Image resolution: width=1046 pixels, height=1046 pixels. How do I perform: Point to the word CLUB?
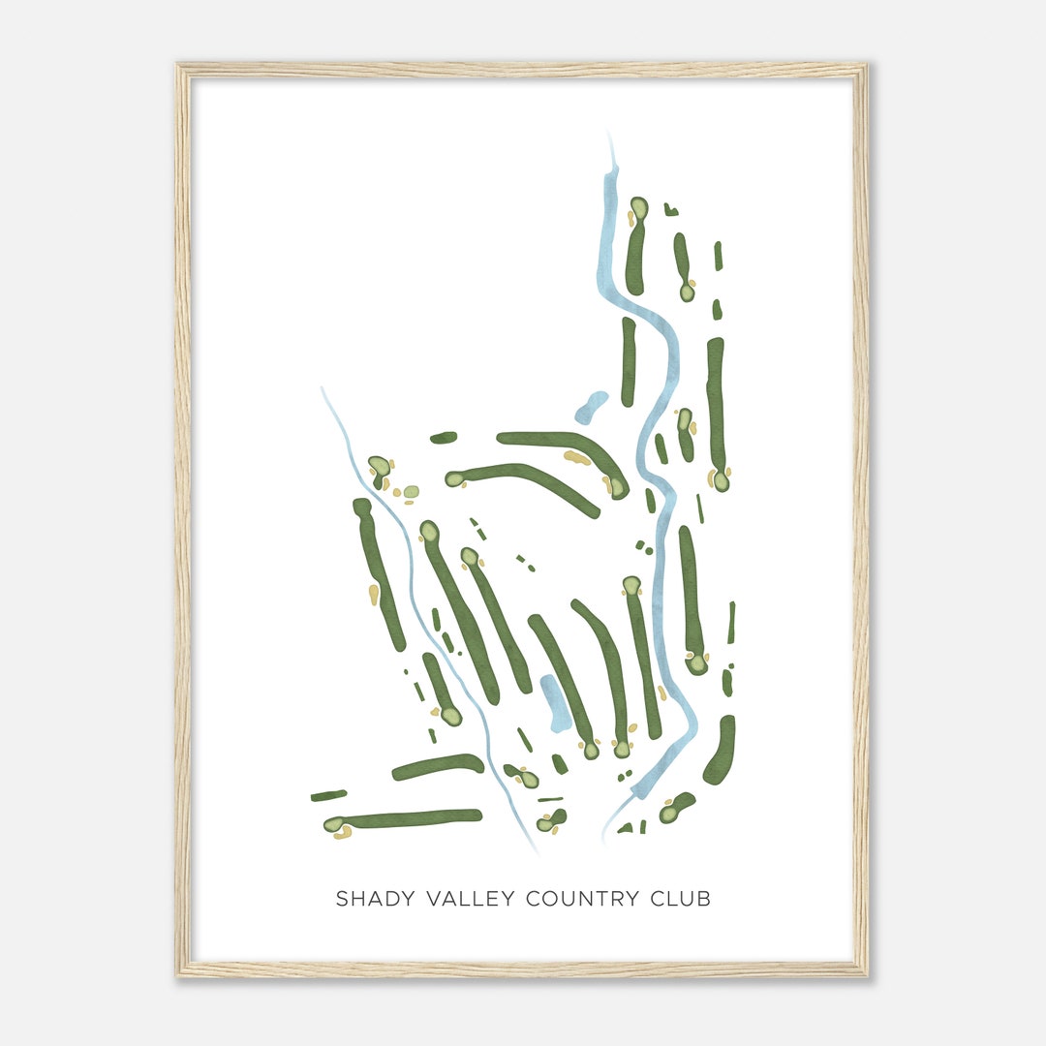point(681,899)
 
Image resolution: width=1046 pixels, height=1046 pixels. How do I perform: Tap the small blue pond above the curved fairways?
point(591,407)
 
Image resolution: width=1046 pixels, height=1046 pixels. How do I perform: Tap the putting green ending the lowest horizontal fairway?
point(334,825)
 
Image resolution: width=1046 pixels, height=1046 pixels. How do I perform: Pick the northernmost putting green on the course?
point(638,208)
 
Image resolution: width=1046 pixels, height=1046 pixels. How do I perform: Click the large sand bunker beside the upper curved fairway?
point(577,457)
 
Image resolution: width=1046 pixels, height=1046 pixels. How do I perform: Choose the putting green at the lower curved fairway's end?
point(454,478)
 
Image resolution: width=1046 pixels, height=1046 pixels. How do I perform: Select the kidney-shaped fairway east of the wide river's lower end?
point(721,751)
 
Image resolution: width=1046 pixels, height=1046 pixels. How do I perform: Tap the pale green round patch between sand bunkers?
point(412,492)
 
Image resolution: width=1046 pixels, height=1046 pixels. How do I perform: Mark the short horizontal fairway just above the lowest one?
point(438,766)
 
